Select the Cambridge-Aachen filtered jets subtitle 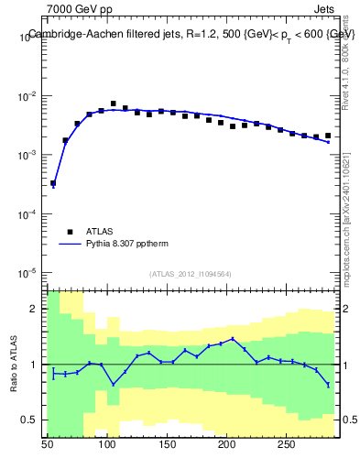click(191, 34)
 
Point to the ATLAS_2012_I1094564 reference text click(191, 274)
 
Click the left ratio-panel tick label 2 click(37, 309)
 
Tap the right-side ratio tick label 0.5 click(349, 420)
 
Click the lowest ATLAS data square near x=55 click(53, 183)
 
